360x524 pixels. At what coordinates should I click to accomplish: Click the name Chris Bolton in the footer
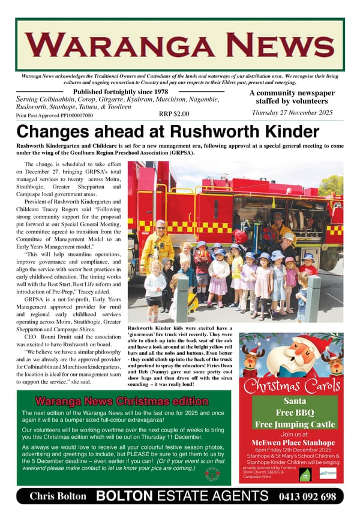tap(58, 497)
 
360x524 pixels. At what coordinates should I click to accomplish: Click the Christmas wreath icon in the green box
tap(212, 474)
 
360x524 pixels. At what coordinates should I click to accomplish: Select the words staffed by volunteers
tap(292, 101)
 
